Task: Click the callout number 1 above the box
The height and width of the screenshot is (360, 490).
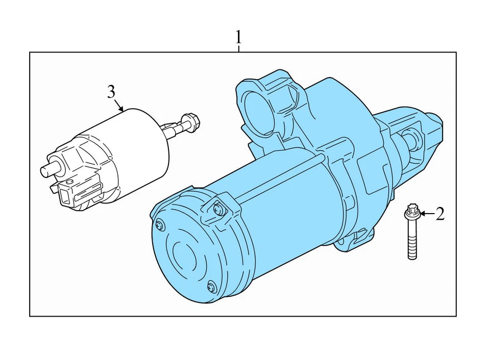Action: (x=238, y=37)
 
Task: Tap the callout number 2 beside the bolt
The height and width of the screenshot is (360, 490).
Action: (x=439, y=214)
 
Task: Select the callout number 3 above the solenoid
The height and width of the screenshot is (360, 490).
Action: (x=111, y=92)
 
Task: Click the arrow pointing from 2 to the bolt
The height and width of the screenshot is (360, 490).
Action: (x=426, y=214)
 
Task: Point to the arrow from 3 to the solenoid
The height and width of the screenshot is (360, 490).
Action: (x=119, y=106)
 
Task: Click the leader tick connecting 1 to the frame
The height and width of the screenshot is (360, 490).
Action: (x=238, y=48)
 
